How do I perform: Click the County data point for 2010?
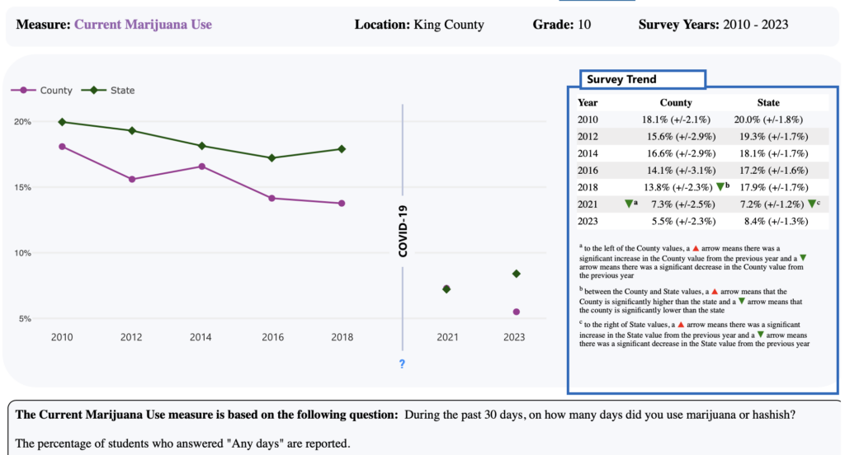(62, 147)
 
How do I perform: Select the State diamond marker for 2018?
(342, 149)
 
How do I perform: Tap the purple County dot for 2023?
(517, 312)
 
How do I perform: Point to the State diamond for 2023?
(517, 274)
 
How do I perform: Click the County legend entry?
(42, 91)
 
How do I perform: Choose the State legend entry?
(111, 91)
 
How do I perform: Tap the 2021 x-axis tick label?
(446, 337)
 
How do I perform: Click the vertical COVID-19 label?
(403, 232)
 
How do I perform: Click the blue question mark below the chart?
(402, 364)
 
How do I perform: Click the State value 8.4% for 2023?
(767, 220)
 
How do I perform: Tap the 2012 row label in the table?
(588, 136)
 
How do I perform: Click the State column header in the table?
(767, 103)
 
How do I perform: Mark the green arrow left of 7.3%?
(628, 203)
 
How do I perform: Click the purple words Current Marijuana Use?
(143, 25)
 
